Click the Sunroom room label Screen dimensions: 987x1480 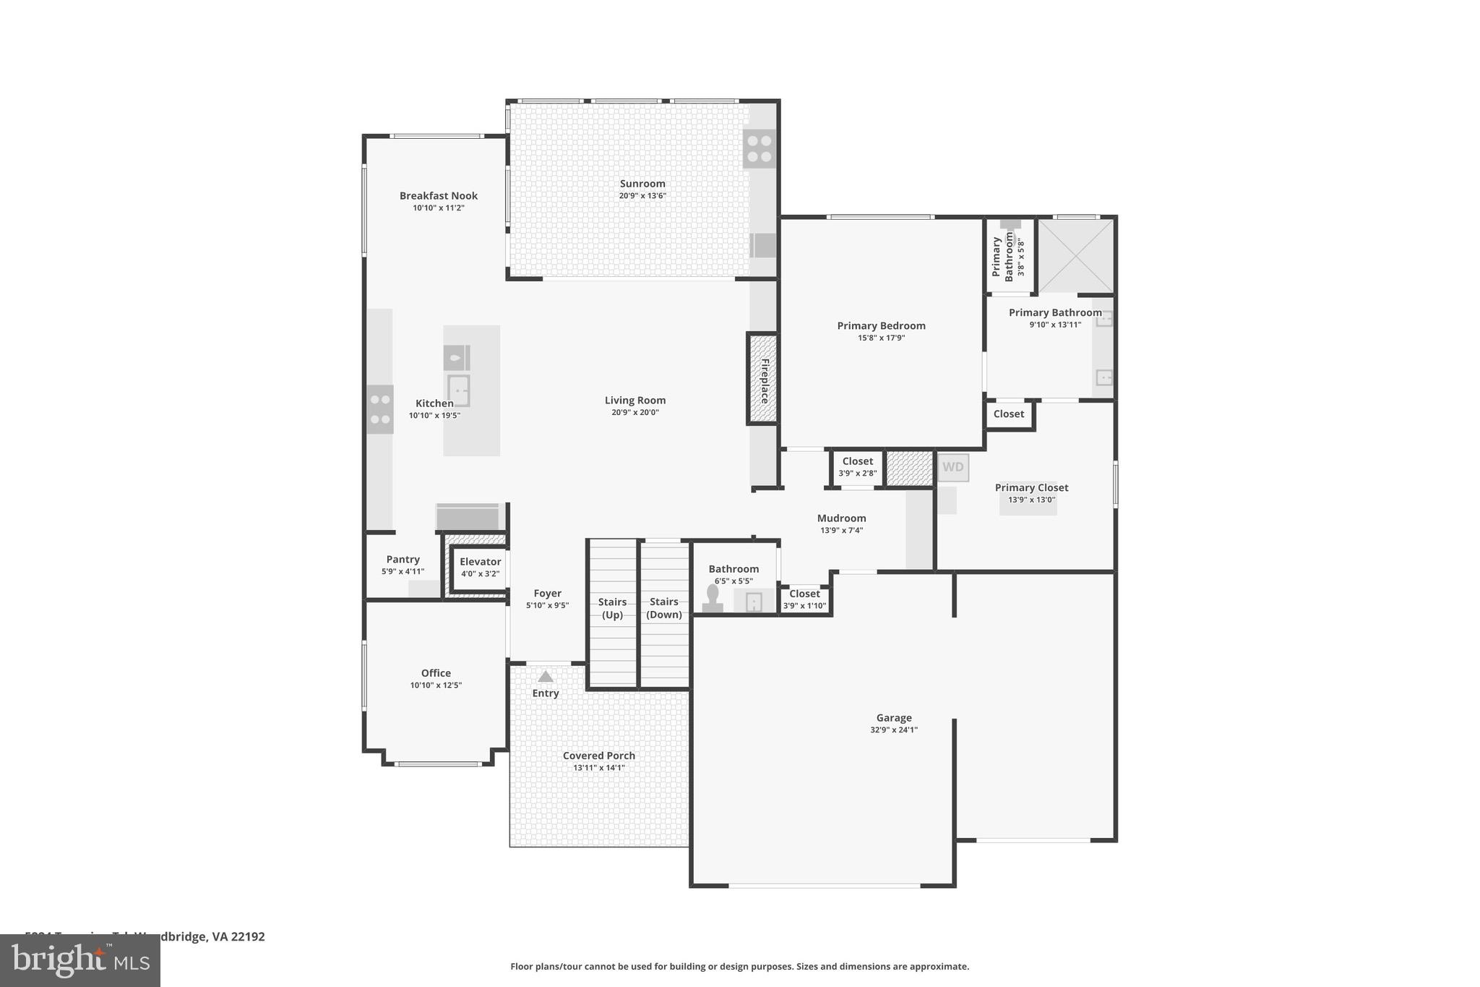click(x=642, y=184)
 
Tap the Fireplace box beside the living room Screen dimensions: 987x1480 click(x=762, y=380)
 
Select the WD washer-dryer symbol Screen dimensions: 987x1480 click(x=952, y=467)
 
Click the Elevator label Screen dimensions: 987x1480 click(x=480, y=562)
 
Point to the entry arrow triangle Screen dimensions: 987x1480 click(x=546, y=677)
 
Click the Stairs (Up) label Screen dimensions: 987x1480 click(x=612, y=608)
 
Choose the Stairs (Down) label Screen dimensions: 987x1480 click(x=663, y=608)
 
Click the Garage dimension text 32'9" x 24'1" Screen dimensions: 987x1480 click(x=893, y=730)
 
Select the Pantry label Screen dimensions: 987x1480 click(x=403, y=559)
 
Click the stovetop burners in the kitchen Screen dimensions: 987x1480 click(x=380, y=409)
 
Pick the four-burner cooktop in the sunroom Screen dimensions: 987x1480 click(x=759, y=148)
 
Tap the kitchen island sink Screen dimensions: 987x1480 click(x=458, y=390)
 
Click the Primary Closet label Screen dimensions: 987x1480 click(x=1031, y=487)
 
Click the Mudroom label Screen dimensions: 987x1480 click(x=841, y=518)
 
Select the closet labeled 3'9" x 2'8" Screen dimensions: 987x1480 click(x=857, y=466)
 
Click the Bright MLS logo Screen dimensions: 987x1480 click(x=80, y=960)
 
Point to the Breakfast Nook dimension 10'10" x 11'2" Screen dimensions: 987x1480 click(x=438, y=208)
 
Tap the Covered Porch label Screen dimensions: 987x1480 click(x=598, y=756)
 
